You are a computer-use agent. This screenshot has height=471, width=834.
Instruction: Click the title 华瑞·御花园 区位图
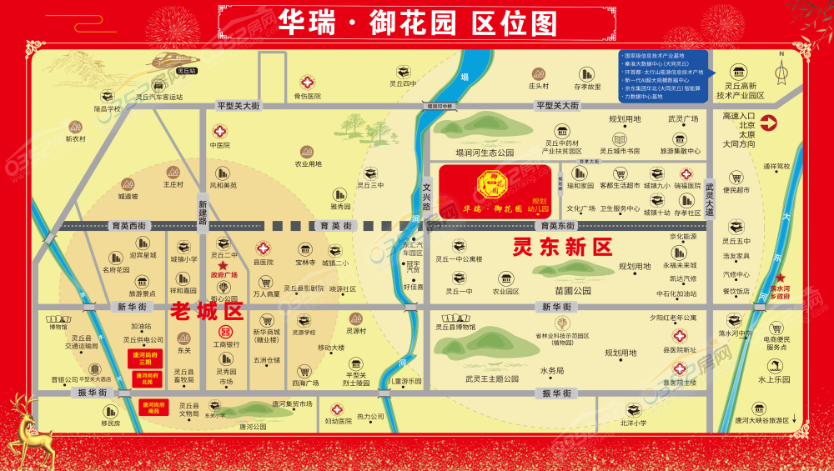(x=416, y=23)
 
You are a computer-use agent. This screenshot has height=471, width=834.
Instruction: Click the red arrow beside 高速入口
(x=768, y=123)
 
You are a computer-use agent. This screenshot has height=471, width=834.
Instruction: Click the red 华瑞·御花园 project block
(x=495, y=190)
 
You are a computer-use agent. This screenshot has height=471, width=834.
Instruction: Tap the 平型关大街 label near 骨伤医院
(x=239, y=106)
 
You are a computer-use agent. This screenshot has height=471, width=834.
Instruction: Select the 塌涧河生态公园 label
(x=485, y=153)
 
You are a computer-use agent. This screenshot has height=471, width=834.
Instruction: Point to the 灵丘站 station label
(x=187, y=72)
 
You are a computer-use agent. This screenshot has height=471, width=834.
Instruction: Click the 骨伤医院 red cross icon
(x=307, y=83)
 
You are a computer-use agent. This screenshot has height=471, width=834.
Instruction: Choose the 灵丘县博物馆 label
(x=454, y=338)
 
